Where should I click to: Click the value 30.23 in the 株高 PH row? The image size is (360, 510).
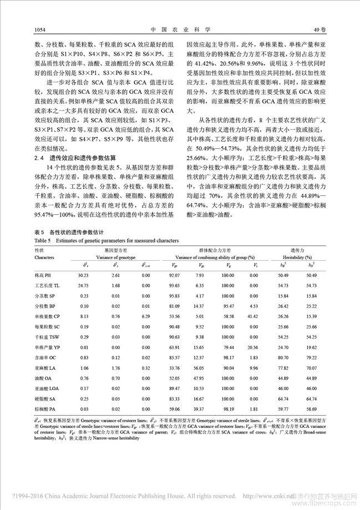pyautogui.click(x=84, y=275)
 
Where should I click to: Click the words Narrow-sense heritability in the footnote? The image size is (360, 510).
pyautogui.click(x=111, y=438)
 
